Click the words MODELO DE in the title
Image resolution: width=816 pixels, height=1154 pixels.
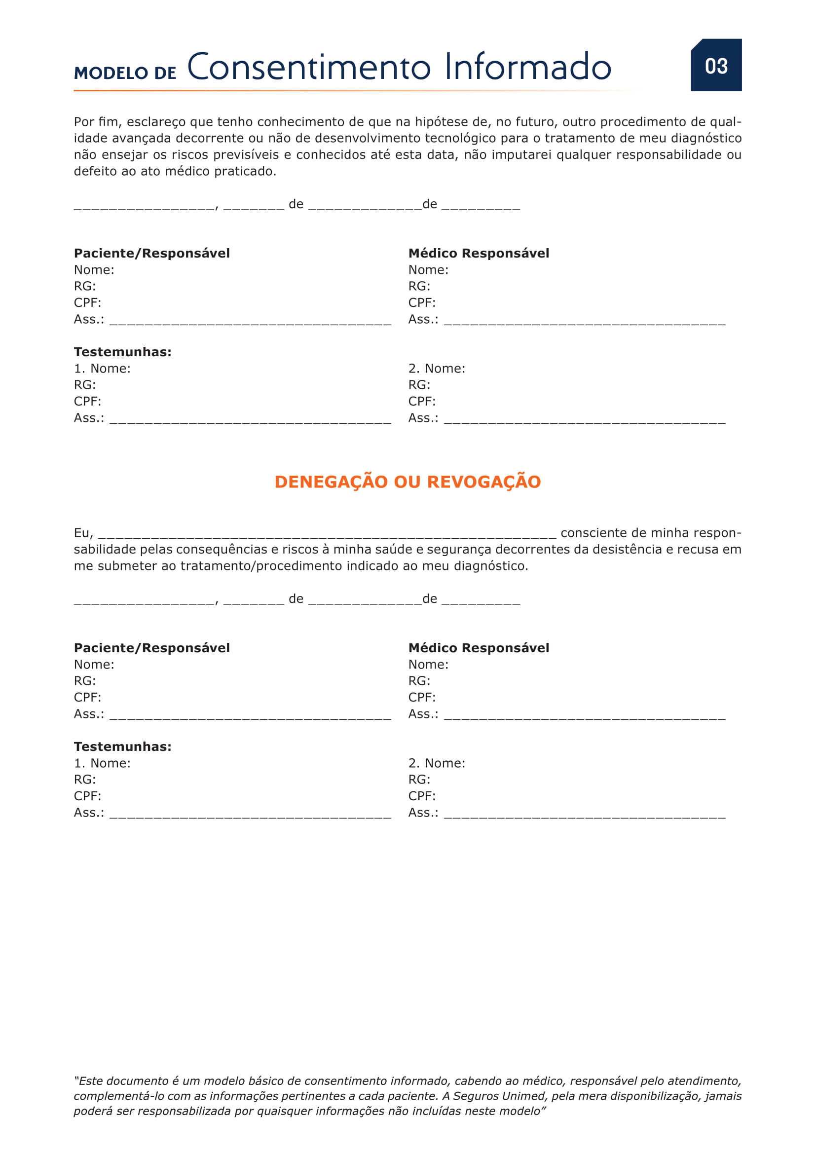click(x=125, y=74)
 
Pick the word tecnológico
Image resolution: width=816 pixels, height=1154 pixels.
click(x=460, y=138)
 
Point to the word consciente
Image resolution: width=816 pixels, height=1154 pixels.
click(x=593, y=533)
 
